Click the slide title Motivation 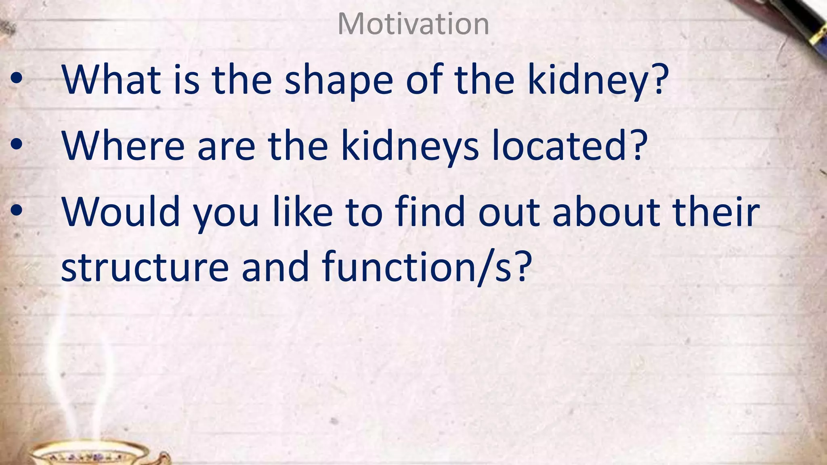tap(413, 24)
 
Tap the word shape tap(338, 81)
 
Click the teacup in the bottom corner tap(93, 454)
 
